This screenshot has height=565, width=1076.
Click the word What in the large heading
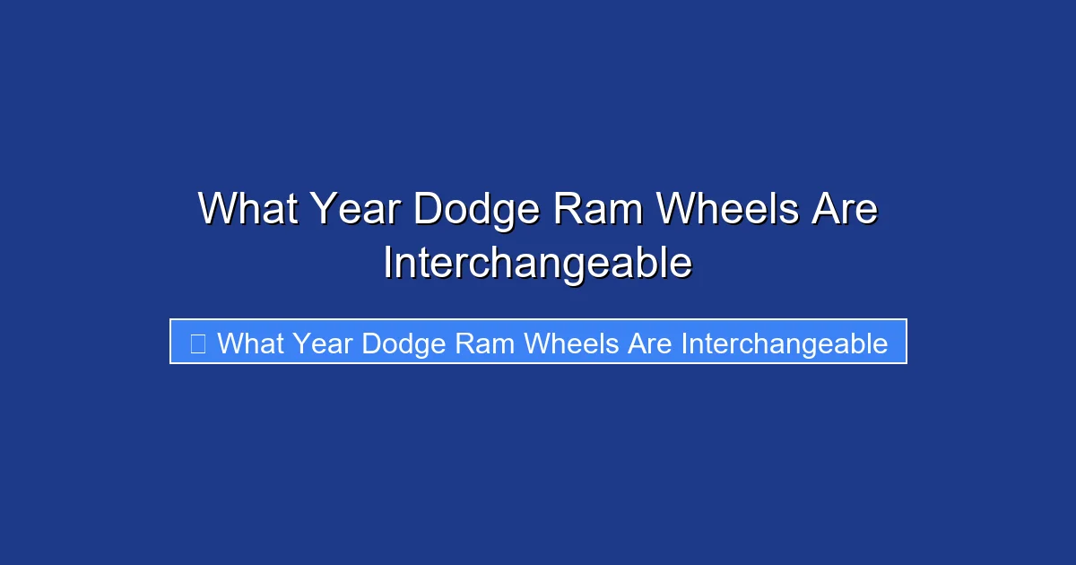point(247,210)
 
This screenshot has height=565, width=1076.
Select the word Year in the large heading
point(357,210)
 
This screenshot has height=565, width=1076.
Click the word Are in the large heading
point(844,210)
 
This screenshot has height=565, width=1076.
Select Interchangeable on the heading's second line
point(537,264)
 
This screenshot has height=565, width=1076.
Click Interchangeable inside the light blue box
point(785,343)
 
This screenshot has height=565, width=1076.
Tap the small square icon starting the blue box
point(197,343)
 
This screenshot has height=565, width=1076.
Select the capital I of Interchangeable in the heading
point(387,264)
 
